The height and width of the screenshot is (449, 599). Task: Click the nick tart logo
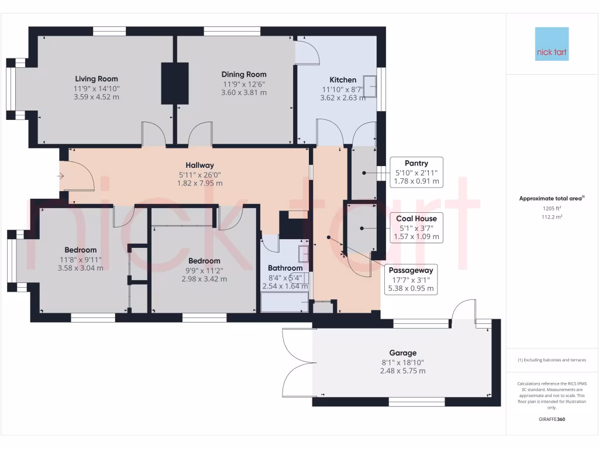pos(552,44)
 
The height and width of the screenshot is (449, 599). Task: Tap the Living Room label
pos(97,79)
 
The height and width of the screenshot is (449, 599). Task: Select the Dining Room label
pos(244,74)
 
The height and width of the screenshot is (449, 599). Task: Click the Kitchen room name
pos(343,80)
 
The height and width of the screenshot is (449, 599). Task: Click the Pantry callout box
pos(416,172)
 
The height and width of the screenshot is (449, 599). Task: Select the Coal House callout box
pos(416,227)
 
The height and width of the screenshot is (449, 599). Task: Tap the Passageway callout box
pos(412,279)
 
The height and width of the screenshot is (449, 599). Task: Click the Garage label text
pos(403,353)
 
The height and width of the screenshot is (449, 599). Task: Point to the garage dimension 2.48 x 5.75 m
pos(403,371)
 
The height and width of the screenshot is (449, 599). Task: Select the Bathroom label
pos(285,268)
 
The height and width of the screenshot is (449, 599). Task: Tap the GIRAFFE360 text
pos(552,419)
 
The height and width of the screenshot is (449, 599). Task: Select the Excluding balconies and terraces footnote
pos(552,360)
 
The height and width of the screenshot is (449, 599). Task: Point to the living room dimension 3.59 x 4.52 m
pos(96,96)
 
